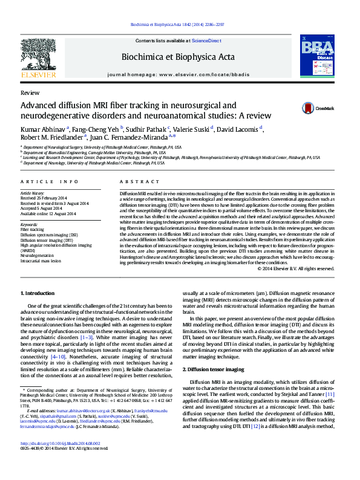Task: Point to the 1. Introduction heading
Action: pos(38,293)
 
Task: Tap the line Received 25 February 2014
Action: pos(44,198)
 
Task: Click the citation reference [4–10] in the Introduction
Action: pos(59,357)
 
